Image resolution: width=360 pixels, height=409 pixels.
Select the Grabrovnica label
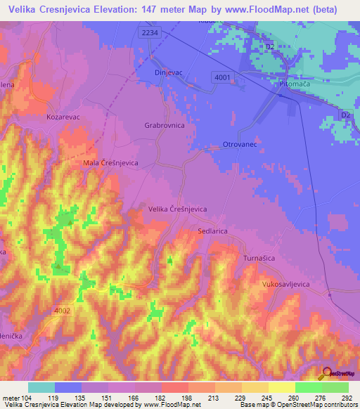click(164, 125)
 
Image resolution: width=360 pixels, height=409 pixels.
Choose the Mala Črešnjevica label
click(110, 162)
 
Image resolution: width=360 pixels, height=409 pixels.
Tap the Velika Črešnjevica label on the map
click(177, 209)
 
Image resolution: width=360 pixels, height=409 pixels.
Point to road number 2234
click(149, 32)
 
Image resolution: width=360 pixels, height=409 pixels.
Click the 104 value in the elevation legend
click(27, 397)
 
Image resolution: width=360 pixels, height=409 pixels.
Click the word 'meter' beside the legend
click(11, 397)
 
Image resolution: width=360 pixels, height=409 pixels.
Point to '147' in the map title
click(162, 9)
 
